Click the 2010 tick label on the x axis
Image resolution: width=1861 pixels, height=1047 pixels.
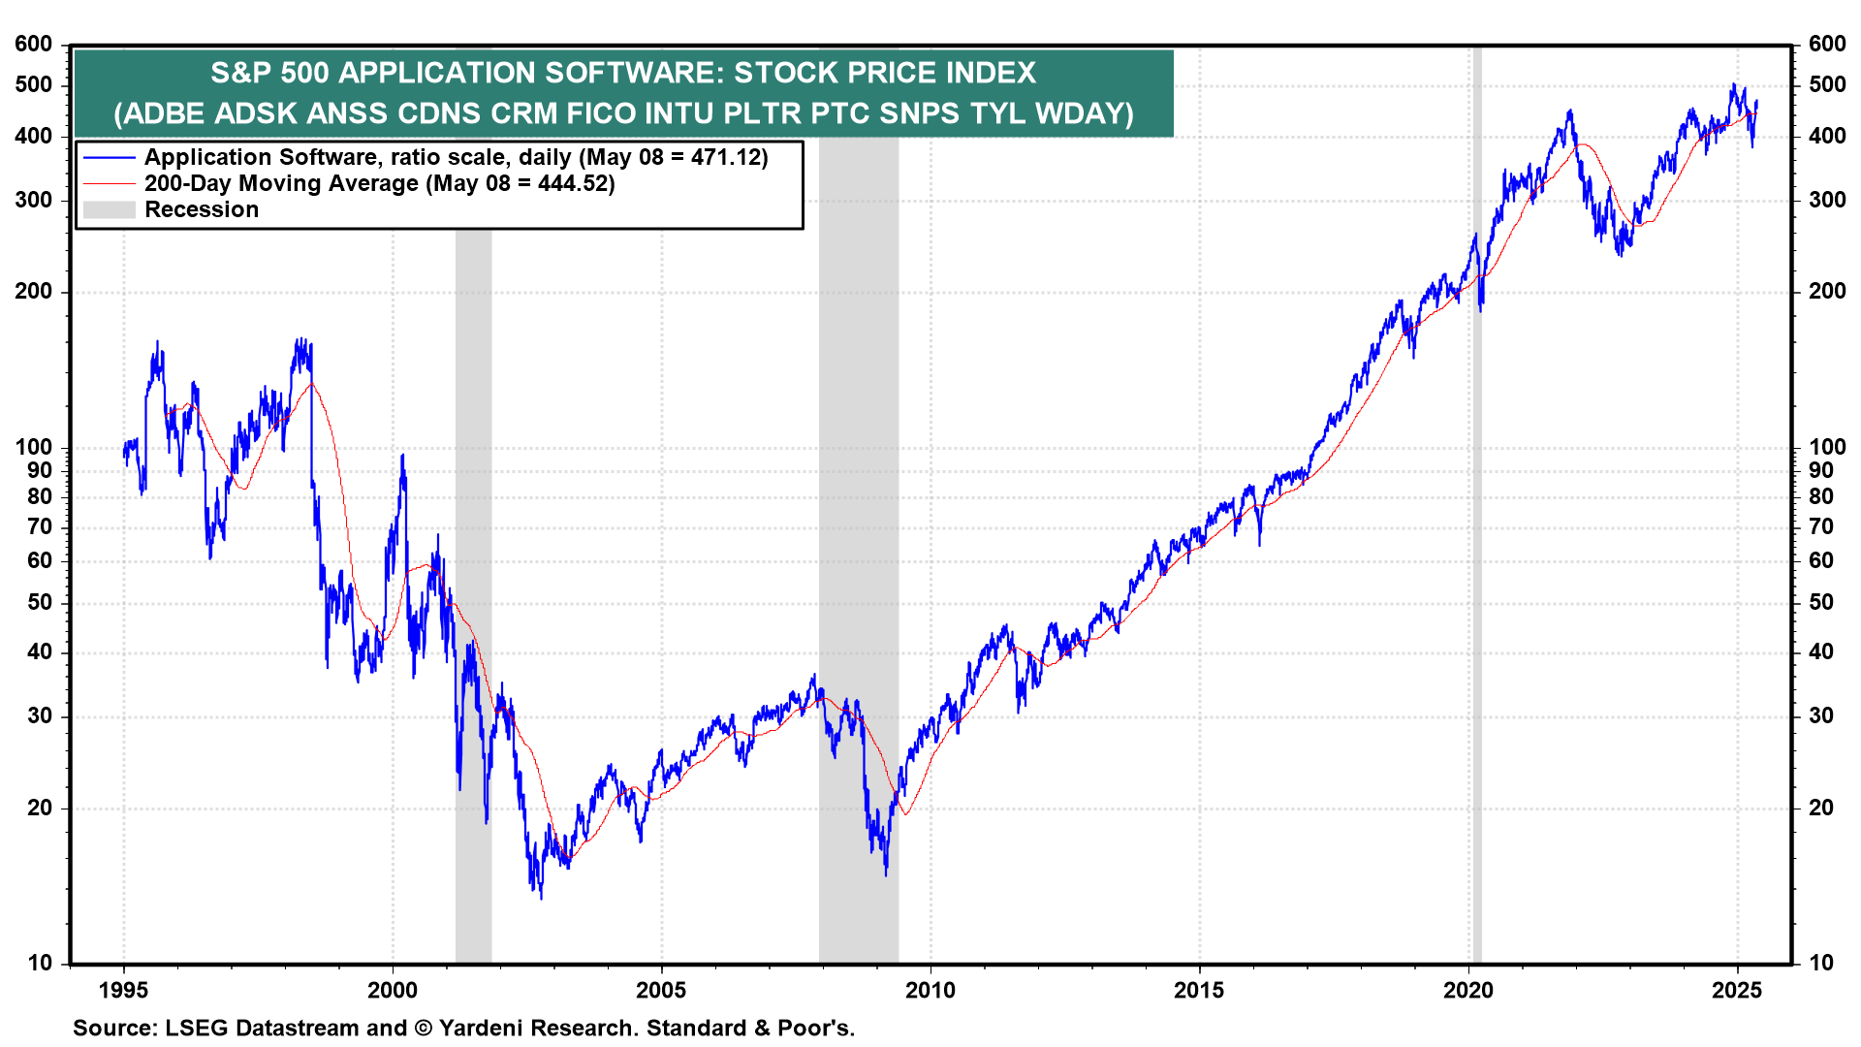coord(930,990)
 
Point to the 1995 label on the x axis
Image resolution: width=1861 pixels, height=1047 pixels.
coord(123,990)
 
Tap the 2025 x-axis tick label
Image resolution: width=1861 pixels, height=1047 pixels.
coord(1737,990)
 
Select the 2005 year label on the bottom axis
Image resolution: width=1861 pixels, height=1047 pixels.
coord(661,990)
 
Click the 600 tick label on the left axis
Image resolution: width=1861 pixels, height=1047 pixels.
coord(34,44)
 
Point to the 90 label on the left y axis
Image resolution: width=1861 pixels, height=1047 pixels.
coord(40,470)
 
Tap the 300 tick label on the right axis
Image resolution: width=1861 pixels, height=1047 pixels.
coord(1827,200)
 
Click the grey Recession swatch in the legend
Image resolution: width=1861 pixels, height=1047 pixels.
coord(109,209)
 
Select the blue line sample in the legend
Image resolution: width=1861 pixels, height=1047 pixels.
coord(109,157)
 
